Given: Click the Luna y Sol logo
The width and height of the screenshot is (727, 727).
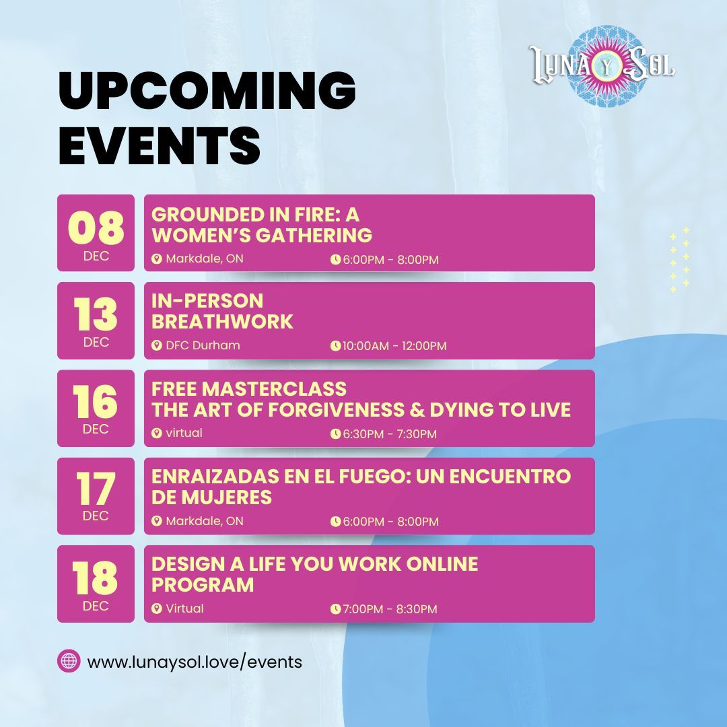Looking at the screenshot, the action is pos(602,66).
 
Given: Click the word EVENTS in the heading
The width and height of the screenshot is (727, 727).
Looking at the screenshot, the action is pos(159,145).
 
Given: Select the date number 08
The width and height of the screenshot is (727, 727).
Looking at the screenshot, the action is pos(96,228).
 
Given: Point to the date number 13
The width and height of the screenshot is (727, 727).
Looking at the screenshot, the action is pos(96,314).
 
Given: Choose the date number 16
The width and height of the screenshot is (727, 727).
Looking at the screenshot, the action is pos(95,401).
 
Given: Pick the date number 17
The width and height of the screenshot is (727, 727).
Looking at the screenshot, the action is pos(96,489).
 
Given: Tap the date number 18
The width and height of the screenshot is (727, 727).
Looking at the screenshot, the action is pos(95,577).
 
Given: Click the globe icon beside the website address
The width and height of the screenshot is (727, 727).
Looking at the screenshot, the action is pos(69,661).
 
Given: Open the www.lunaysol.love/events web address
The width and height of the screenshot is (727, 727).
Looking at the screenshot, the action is pos(195,662).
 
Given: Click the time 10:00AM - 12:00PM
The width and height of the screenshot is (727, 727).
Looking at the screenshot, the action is pos(394,346).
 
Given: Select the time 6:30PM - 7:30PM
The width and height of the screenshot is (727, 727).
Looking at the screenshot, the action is pos(390,434).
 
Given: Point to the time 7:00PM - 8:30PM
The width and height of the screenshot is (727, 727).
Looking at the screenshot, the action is pos(390,609).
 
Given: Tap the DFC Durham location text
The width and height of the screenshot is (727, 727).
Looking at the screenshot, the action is pos(203,345).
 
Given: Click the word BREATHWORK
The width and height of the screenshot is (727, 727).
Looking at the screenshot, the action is pos(222,322).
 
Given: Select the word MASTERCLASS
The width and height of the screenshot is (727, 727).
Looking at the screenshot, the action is pos(274,389).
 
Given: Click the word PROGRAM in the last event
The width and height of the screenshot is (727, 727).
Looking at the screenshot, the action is pos(203,585).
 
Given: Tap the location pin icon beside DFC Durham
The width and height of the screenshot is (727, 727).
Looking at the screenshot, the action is pos(157,345).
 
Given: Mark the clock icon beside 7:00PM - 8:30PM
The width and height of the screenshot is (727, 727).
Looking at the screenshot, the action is pos(335,609).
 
